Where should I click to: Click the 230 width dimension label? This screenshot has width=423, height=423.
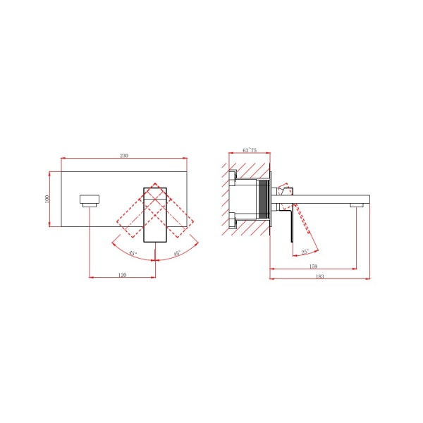[x=124, y=156]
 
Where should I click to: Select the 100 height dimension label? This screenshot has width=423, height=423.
[x=47, y=199]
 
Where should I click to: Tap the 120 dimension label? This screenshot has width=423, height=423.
[x=122, y=275]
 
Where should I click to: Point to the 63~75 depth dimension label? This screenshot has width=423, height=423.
[x=250, y=150]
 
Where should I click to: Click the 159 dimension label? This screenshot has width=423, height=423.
[x=313, y=266]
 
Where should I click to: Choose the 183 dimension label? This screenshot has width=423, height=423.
[x=319, y=276]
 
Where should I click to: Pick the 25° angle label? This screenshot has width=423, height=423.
[x=305, y=252]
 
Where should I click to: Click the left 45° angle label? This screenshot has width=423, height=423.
[x=133, y=253]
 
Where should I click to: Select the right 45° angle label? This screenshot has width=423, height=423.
[x=177, y=253]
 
